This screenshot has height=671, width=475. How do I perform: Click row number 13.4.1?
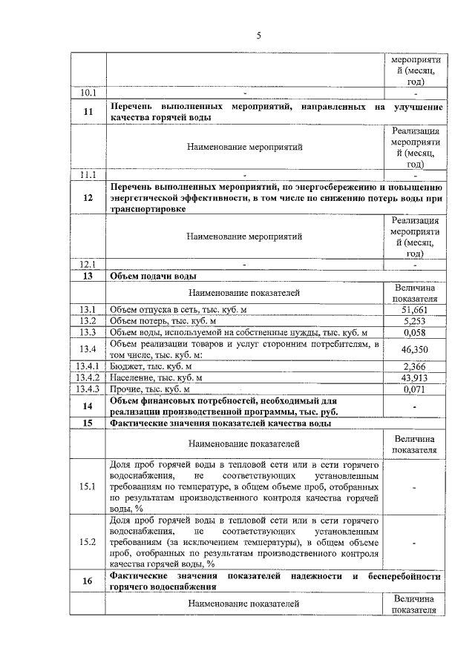pyautogui.click(x=88, y=366)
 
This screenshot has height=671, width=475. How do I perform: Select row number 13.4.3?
pyautogui.click(x=88, y=389)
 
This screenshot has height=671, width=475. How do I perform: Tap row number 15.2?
pyautogui.click(x=88, y=542)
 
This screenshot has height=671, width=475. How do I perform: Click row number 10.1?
pyautogui.click(x=88, y=93)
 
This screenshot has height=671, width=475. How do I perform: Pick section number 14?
pyautogui.click(x=88, y=406)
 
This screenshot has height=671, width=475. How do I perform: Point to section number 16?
pyautogui.click(x=88, y=581)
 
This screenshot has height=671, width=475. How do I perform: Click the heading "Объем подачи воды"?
pyautogui.click(x=153, y=276)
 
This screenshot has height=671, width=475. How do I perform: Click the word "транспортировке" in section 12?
pyautogui.click(x=148, y=209)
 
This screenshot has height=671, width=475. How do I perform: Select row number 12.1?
pyautogui.click(x=88, y=264)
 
